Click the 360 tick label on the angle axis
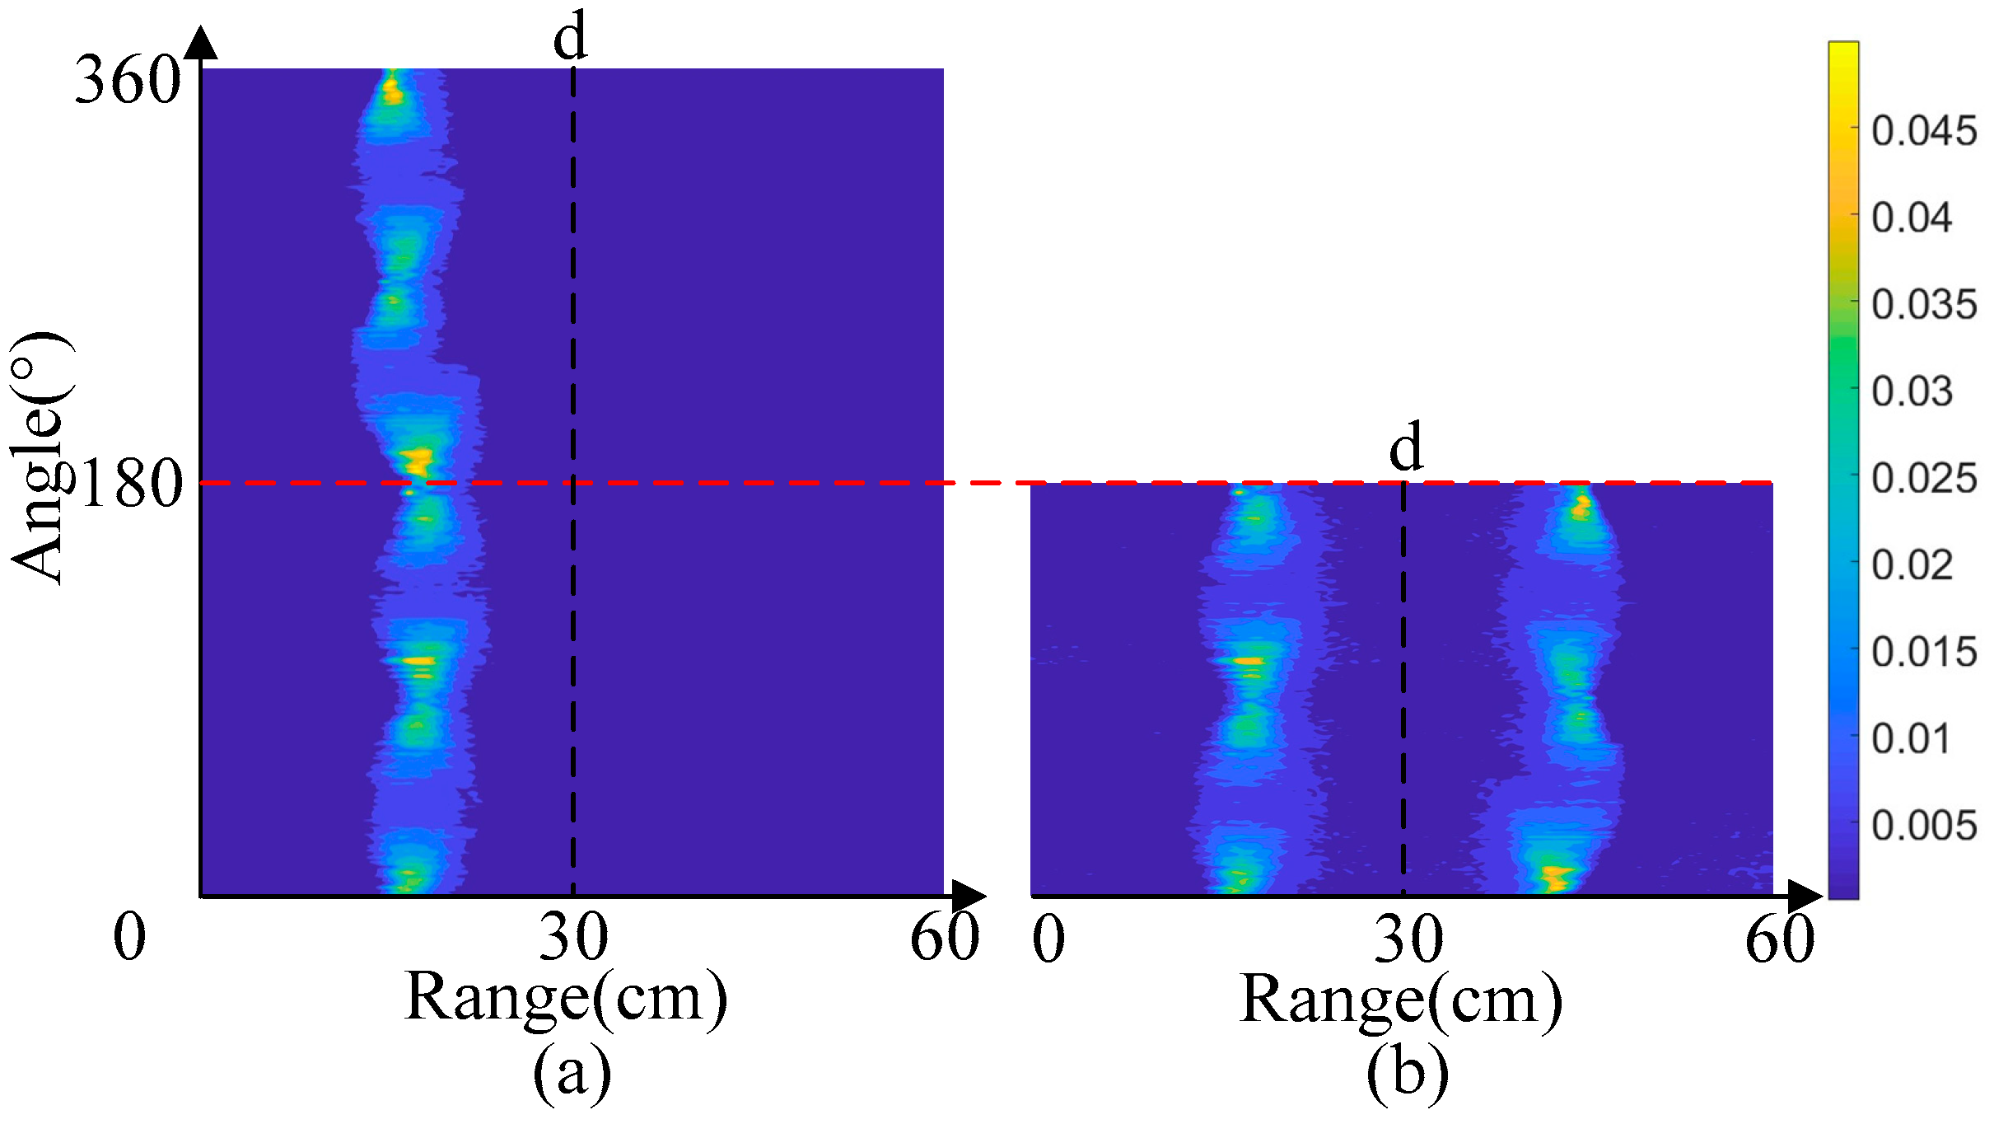pos(128,81)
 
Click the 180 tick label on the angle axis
pos(132,484)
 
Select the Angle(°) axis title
pos(40,457)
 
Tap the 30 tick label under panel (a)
pos(574,938)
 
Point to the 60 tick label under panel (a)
pos(945,938)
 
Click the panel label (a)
pos(572,1071)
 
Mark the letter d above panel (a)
pos(570,37)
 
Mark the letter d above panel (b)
pos(1406,447)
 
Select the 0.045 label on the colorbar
pos(1924,131)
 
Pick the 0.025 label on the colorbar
pos(1924,479)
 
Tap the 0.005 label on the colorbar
pos(1924,826)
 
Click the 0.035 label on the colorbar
pos(1924,305)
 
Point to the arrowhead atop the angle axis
pos(201,43)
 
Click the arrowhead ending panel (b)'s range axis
pos(1805,897)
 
